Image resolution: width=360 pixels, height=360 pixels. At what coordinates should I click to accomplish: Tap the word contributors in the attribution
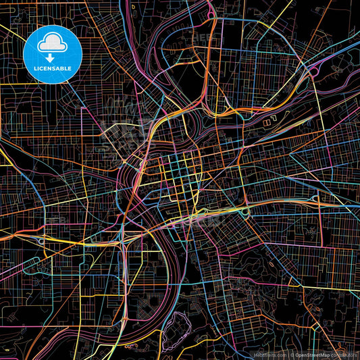344,355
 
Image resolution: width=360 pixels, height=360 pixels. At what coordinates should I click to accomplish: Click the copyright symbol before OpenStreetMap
292,355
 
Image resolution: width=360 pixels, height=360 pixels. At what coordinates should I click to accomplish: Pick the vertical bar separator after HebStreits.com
287,355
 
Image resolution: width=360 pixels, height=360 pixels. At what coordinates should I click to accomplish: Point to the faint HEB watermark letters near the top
203,37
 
